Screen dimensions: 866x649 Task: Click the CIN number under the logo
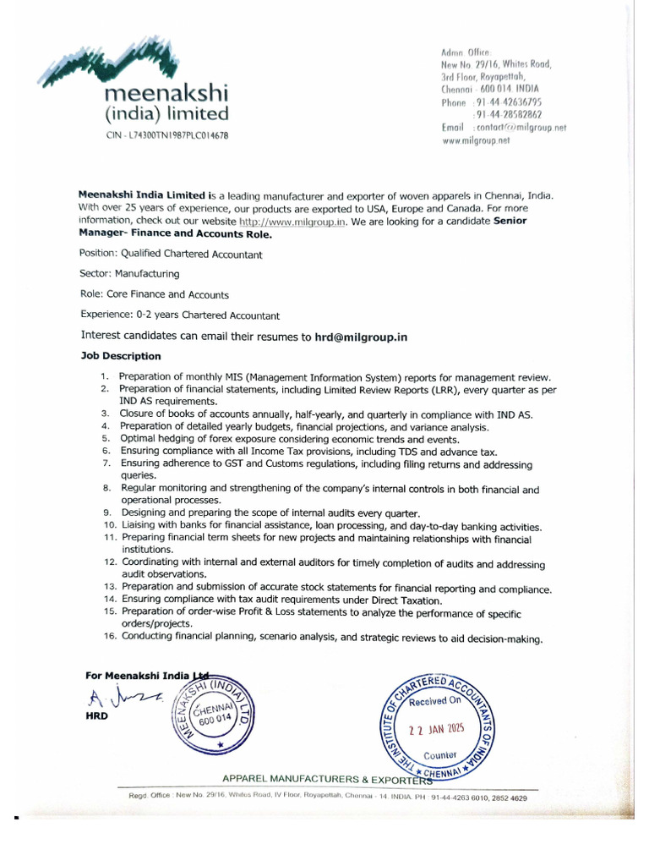[166, 135]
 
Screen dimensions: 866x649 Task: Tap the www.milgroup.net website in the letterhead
[477, 141]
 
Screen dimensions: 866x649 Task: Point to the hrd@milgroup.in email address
[361, 337]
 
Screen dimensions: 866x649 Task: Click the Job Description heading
[120, 356]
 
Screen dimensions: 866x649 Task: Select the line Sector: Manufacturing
[129, 274]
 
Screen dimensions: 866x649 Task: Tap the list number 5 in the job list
[106, 440]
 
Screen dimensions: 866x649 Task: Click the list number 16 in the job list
[109, 639]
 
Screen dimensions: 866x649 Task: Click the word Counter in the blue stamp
[440, 754]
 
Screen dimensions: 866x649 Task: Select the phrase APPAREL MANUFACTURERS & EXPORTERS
[333, 778]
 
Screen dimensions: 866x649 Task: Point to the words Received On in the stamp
[435, 701]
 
